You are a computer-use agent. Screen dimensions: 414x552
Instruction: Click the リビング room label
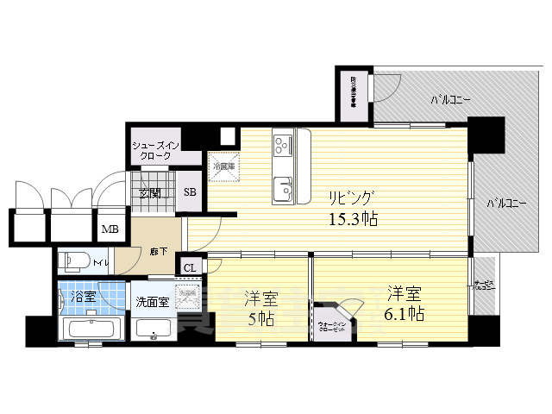(x=353, y=196)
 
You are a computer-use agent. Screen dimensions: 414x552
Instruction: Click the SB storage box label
(x=190, y=192)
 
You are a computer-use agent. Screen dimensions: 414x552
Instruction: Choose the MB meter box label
(x=110, y=229)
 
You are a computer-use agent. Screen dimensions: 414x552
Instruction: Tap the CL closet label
(x=190, y=267)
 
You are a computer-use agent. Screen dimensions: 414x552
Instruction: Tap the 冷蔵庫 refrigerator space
(x=223, y=166)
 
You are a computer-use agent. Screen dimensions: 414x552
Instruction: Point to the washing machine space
(x=187, y=296)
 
